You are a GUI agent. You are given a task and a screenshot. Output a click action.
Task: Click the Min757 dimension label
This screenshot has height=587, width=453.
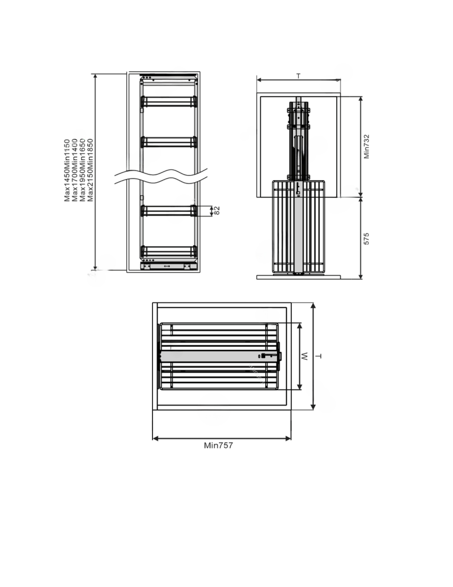[218, 445]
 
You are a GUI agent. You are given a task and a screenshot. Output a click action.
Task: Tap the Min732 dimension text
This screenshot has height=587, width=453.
[366, 147]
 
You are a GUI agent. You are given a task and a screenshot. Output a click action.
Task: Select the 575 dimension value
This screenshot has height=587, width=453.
[366, 239]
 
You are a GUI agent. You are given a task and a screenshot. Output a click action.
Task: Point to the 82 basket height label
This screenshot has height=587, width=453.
[217, 210]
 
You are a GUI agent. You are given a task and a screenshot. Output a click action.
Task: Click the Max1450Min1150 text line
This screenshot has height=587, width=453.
[67, 170]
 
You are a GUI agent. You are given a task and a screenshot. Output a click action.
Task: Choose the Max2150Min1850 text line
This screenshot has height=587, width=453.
[90, 170]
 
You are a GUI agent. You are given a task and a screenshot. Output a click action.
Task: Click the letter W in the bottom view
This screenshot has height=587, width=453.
[304, 356]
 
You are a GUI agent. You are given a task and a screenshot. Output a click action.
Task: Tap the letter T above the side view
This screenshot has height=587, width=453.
[299, 76]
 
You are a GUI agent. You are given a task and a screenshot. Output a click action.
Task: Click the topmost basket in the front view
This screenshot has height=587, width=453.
[169, 102]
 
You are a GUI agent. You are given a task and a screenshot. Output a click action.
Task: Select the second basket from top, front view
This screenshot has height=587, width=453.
[169, 142]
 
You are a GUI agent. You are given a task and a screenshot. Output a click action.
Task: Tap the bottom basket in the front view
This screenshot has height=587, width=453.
[169, 251]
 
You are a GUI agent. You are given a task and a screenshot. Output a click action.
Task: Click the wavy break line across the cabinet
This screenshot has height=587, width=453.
[161, 177]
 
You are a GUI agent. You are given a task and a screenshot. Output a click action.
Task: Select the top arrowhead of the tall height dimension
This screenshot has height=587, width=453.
[95, 76]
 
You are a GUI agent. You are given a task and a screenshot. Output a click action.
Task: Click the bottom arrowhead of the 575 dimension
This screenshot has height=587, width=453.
[361, 277]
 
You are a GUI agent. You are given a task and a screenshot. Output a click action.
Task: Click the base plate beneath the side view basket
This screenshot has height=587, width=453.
[299, 277]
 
